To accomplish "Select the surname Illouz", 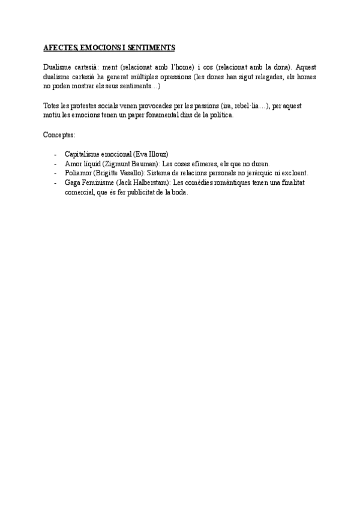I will tap(158, 154).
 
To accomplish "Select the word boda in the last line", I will tap(179, 193).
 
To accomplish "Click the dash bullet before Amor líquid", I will tap(55, 163).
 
